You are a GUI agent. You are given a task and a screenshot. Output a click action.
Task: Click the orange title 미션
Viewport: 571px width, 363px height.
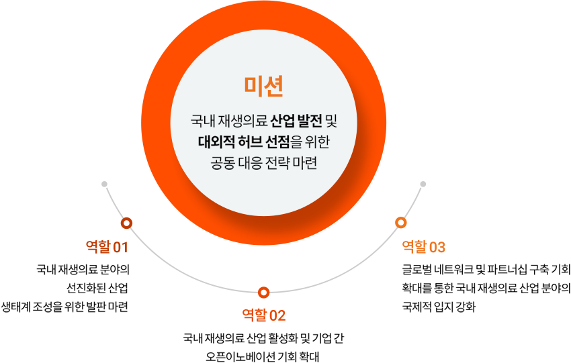coord(263,86)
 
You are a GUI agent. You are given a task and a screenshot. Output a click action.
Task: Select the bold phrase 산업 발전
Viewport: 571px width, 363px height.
coord(296,121)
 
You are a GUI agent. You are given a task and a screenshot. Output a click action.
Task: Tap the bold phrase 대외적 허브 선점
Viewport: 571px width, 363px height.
coord(244,142)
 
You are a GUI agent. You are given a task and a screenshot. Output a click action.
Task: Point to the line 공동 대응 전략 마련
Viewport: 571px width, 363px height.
coord(263,162)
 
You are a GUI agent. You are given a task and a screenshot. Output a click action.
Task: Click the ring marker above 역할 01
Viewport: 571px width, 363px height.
coord(126,223)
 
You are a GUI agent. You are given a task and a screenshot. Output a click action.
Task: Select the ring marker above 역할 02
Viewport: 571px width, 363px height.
coord(263,292)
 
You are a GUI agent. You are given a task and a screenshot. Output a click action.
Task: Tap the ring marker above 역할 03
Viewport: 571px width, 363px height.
coord(401,223)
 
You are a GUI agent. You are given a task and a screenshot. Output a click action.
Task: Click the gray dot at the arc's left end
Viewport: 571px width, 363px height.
coord(105,184)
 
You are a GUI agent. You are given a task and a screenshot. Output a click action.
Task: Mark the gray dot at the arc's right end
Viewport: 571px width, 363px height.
coord(423,184)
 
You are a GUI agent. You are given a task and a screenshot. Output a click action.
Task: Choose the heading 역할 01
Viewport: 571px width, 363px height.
coord(107,247)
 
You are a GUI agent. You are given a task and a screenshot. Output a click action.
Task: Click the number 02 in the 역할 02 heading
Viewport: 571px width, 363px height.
coord(277,315)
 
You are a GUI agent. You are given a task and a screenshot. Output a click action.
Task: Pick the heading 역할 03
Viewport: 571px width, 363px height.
coord(423,247)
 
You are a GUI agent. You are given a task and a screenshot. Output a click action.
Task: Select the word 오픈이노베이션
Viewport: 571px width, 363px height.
coord(240,357)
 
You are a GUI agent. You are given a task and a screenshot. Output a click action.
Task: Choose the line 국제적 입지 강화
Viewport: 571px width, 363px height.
coord(439,307)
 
